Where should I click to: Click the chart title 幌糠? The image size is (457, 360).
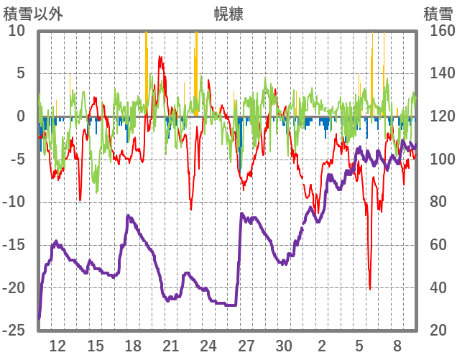click(x=228, y=14)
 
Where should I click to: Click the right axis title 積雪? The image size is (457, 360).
click(x=437, y=14)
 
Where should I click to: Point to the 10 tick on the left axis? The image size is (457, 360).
click(x=17, y=31)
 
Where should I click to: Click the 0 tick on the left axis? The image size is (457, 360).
click(x=20, y=116)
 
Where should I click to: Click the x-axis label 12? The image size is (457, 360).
click(x=57, y=346)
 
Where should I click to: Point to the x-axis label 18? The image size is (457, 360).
click(x=133, y=346)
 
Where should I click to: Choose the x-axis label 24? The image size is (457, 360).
click(x=208, y=346)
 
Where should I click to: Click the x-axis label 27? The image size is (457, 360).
click(x=246, y=346)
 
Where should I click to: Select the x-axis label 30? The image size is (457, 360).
click(x=284, y=346)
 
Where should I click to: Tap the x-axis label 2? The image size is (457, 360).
click(x=322, y=346)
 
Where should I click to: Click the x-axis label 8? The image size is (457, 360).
click(x=397, y=346)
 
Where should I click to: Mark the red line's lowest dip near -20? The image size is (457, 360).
click(x=370, y=288)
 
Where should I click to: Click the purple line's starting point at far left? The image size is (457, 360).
click(x=40, y=317)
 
